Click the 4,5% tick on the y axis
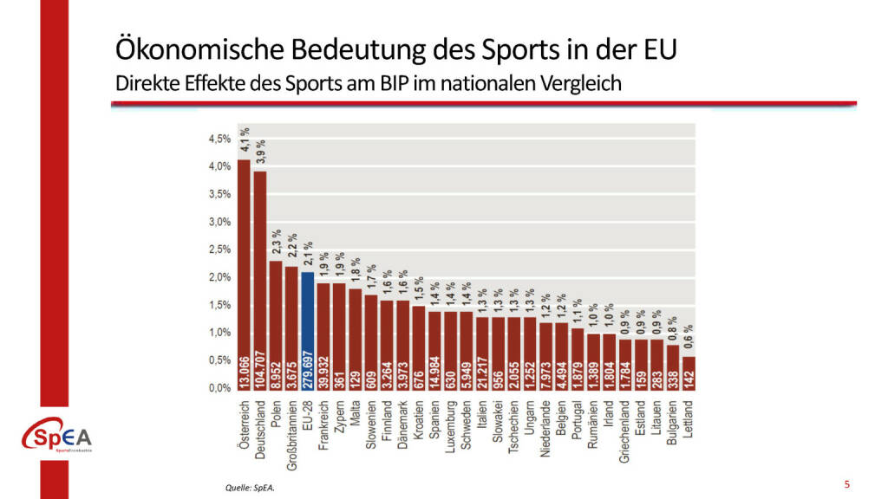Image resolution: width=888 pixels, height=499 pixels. pyautogui.click(x=219, y=139)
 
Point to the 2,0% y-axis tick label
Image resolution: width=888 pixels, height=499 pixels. pyautogui.click(x=219, y=277)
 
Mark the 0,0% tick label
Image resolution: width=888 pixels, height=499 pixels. pyautogui.click(x=219, y=388)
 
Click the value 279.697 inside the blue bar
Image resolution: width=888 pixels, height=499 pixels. pyautogui.click(x=307, y=369)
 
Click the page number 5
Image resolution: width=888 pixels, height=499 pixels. pyautogui.click(x=846, y=483)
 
